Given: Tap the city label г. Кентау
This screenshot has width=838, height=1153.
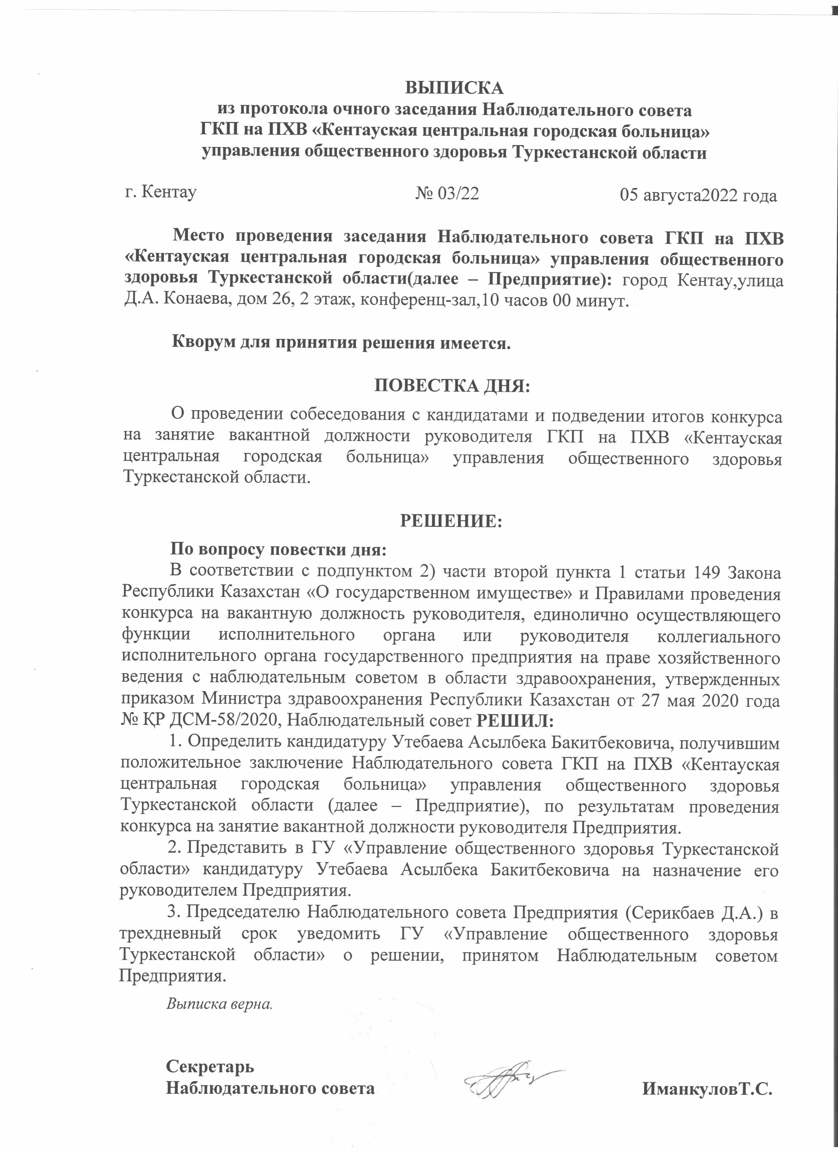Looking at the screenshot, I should (x=161, y=192).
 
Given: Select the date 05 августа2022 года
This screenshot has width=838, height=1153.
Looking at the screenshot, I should (x=698, y=196).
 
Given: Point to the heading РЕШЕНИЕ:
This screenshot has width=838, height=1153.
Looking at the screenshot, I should (x=451, y=521).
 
